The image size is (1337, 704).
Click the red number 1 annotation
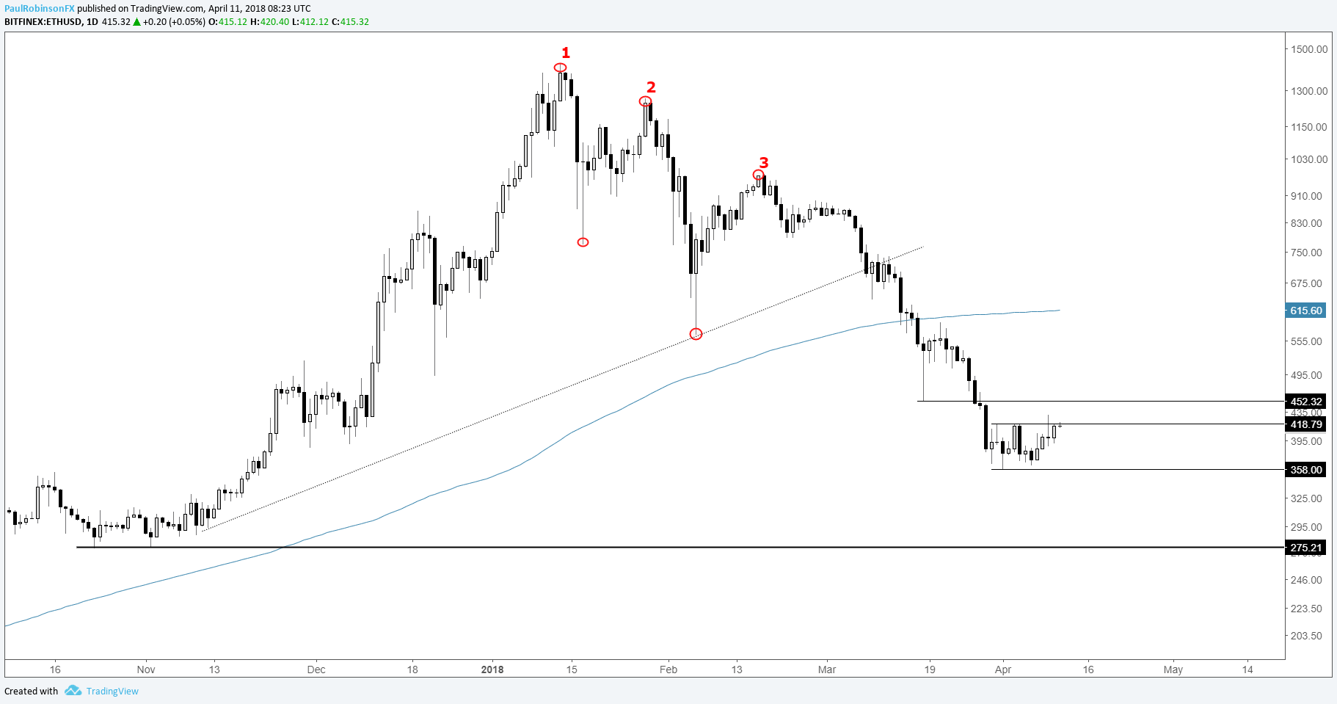(x=565, y=53)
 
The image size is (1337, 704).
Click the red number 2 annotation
(x=650, y=87)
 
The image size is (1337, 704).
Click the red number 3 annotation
(x=763, y=162)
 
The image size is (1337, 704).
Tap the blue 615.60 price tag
(x=1306, y=311)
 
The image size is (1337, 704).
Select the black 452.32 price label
(x=1306, y=402)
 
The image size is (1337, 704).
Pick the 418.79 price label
(x=1306, y=424)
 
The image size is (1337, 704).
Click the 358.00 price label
(x=1306, y=470)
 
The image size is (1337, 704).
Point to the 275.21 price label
(x=1306, y=548)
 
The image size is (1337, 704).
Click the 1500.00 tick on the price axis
(x=1309, y=49)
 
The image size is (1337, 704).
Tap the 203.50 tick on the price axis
(x=1306, y=636)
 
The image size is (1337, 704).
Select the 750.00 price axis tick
(x=1306, y=253)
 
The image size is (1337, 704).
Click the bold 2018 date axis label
(x=492, y=669)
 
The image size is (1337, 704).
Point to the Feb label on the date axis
(x=668, y=669)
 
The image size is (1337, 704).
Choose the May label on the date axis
(x=1173, y=669)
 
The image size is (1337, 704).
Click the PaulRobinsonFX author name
(x=40, y=9)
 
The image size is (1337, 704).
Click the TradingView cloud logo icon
(x=72, y=691)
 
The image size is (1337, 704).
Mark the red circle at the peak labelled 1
(x=561, y=68)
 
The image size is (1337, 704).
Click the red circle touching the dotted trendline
(x=696, y=334)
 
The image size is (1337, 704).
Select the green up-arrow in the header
(x=136, y=22)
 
